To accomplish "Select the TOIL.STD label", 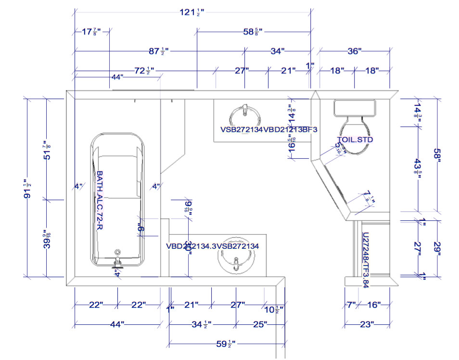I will click(355, 140).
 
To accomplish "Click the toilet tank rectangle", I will click(355, 108).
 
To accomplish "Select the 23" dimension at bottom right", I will click(367, 324).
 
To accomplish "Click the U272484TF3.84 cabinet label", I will click(365, 260).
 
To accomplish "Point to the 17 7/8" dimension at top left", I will click(91, 32).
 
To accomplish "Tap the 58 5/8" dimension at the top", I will click(253, 32).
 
